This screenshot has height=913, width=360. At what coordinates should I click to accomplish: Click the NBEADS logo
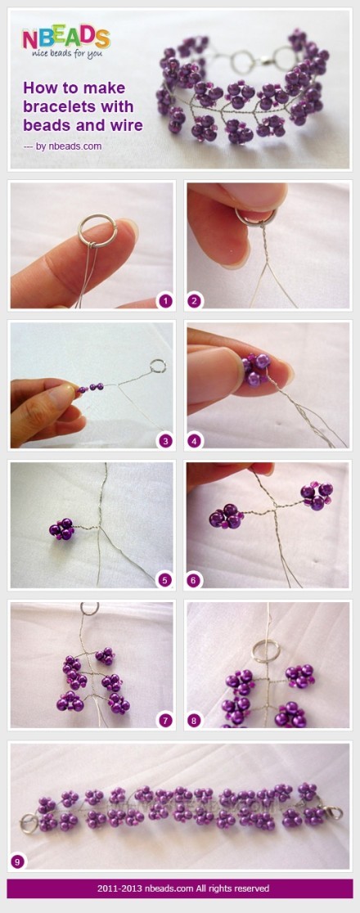65,38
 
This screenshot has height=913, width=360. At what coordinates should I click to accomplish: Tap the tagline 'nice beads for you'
64,53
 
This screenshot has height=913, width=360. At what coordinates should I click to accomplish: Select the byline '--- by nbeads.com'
62,146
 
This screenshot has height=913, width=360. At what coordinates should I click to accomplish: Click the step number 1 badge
166,300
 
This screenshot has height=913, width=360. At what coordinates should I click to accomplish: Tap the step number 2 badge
195,300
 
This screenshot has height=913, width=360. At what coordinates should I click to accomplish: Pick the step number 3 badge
166,441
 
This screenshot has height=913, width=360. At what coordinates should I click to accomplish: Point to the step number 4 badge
195,441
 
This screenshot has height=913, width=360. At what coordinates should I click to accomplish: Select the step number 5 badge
166,580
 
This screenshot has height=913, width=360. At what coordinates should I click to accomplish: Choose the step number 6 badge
195,580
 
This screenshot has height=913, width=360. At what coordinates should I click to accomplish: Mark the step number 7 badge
166,720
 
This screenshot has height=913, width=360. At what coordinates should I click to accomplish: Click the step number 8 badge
195,720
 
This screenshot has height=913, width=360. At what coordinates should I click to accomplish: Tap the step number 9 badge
17,861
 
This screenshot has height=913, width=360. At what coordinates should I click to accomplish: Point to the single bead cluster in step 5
61,528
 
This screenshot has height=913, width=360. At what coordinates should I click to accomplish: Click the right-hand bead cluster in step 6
317,496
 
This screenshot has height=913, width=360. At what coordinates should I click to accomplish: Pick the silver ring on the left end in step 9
21,823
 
